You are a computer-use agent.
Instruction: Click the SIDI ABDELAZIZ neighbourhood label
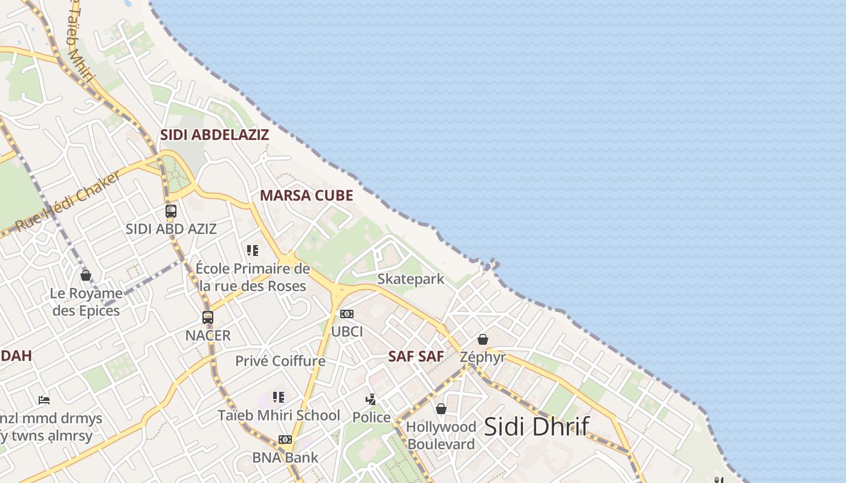click(x=214, y=135)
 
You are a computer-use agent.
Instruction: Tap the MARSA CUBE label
click(x=306, y=196)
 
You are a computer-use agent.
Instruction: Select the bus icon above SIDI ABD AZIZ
click(x=171, y=211)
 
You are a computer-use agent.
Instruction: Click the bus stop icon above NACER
click(x=208, y=317)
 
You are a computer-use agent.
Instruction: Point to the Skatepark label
click(x=411, y=279)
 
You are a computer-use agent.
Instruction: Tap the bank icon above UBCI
click(x=347, y=314)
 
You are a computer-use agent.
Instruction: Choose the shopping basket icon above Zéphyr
click(x=483, y=339)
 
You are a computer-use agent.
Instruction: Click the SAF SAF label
click(x=416, y=356)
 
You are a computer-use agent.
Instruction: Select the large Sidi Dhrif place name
click(x=536, y=426)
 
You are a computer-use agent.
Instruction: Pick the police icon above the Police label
click(x=371, y=399)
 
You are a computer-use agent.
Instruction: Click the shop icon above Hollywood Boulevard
click(x=441, y=409)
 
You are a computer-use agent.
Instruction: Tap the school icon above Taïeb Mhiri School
click(x=279, y=397)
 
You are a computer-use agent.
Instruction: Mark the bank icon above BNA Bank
click(x=285, y=440)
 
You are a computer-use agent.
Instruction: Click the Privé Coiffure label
click(x=280, y=361)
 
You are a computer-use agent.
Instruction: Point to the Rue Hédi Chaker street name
click(x=68, y=201)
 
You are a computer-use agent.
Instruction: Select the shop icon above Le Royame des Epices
click(x=86, y=275)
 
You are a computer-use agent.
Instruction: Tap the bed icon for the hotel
click(x=44, y=400)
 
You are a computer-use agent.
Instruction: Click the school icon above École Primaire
click(x=253, y=250)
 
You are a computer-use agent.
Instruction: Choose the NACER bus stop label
click(x=208, y=336)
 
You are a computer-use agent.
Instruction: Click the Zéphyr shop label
click(x=483, y=357)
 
